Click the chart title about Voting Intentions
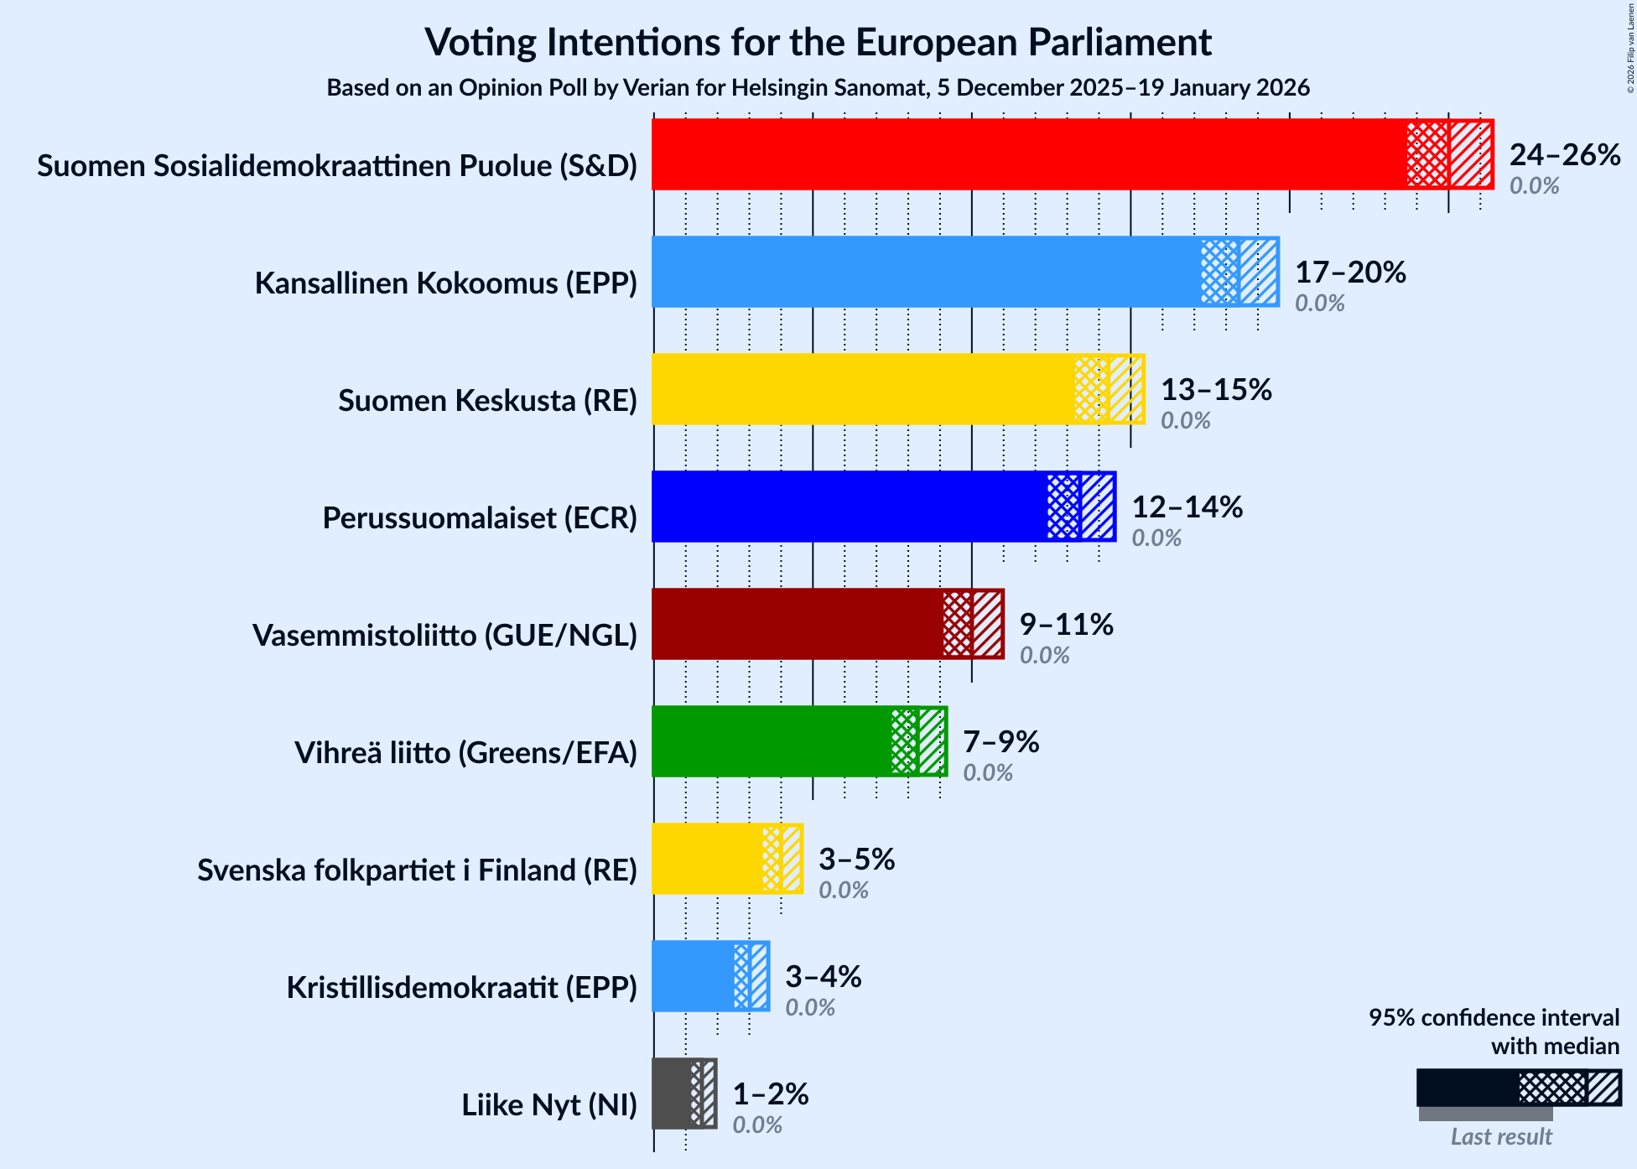(818, 42)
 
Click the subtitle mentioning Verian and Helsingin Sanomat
(818, 88)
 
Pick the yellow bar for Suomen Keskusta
(864, 389)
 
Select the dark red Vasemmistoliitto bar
(797, 624)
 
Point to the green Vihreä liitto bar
(772, 741)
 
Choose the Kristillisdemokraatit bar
(693, 976)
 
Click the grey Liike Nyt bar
(672, 1094)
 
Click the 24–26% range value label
(1565, 155)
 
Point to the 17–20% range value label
(1350, 273)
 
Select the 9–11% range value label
(1066, 625)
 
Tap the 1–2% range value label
(770, 1094)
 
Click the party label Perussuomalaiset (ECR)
(480, 518)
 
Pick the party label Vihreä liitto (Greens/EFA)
(465, 753)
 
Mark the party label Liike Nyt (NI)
(549, 1105)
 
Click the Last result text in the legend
(1501, 1137)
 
